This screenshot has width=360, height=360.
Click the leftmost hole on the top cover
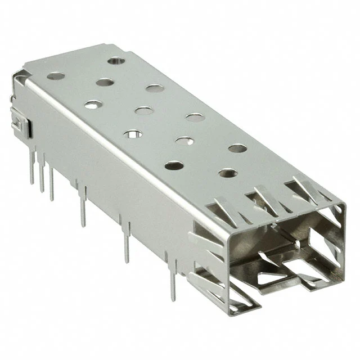point(55,75)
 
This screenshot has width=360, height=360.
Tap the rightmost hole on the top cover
point(237,148)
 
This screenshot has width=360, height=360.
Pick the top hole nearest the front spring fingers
point(227,173)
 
